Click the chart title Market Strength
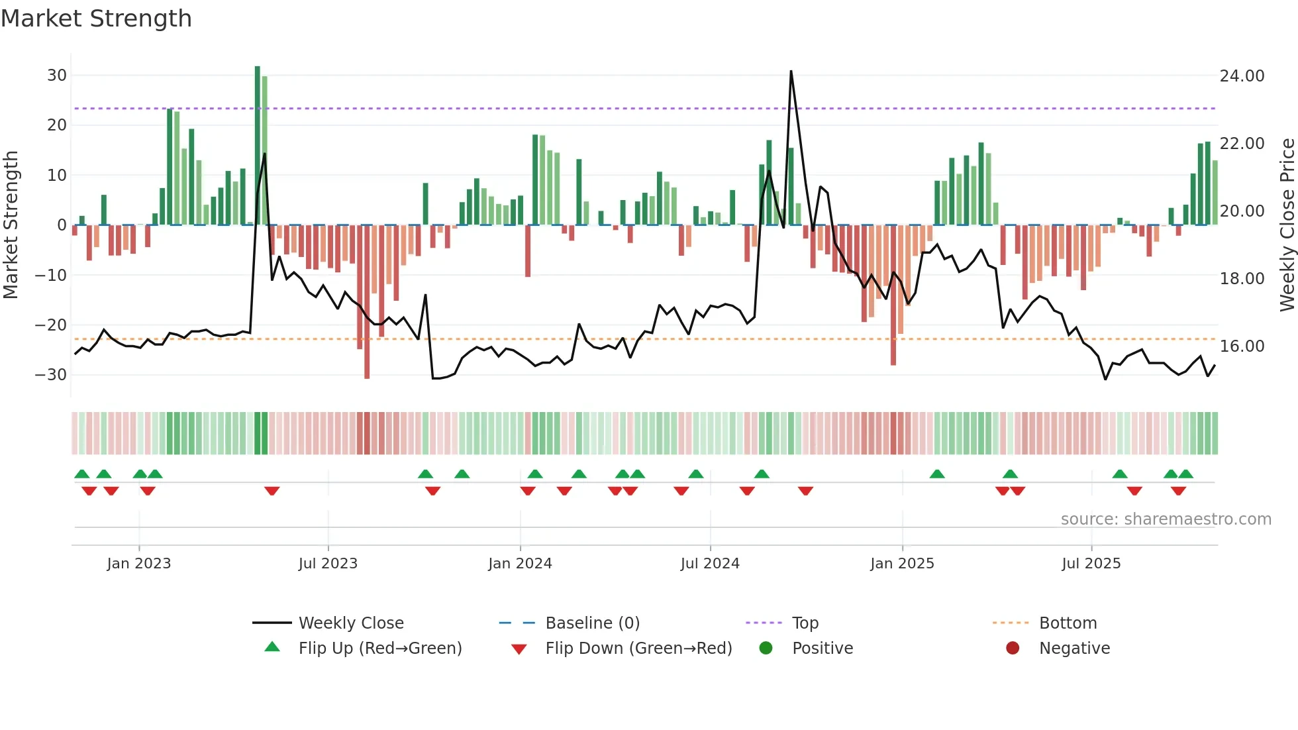pos(96,19)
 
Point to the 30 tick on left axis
pos(56,76)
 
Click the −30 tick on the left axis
pos(51,375)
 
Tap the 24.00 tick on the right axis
pos(1242,76)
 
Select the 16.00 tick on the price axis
pos(1242,346)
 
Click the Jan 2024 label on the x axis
pos(520,564)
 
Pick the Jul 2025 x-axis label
pos(1091,564)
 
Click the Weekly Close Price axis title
pos(1287,225)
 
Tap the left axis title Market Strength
pos(11,225)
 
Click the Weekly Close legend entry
pos(351,623)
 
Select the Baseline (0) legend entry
pos(592,623)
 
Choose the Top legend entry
pos(805,623)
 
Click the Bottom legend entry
pos(1068,623)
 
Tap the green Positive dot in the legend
pos(766,649)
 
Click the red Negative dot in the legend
pos(1013,649)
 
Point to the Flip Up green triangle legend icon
pos(272,647)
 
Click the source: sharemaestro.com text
pos(1166,519)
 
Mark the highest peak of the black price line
pos(791,72)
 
